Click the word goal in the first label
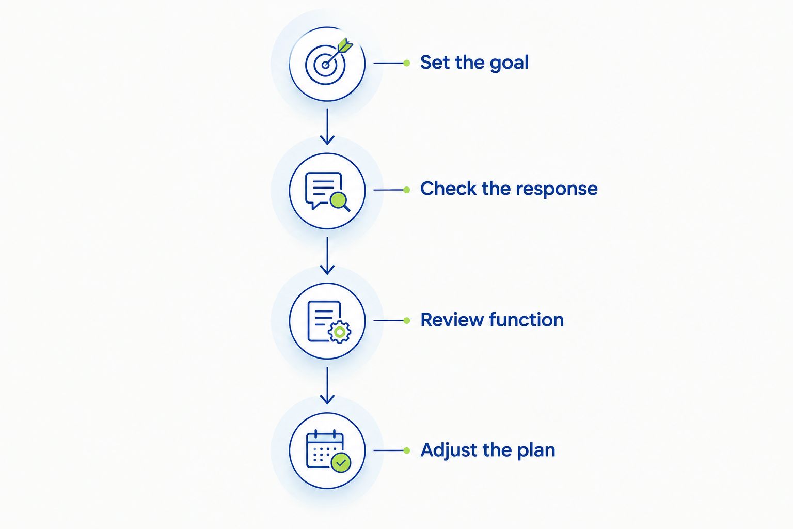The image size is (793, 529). click(509, 64)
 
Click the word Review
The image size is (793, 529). click(452, 320)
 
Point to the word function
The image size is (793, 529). click(527, 319)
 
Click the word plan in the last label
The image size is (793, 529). click(536, 450)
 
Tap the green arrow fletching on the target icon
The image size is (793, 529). click(344, 45)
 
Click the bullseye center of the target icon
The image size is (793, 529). click(325, 65)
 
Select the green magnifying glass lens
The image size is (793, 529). click(339, 200)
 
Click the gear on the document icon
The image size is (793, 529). click(340, 332)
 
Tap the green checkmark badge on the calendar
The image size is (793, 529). click(341, 462)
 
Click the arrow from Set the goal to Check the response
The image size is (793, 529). click(327, 127)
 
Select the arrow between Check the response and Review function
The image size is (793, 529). click(327, 256)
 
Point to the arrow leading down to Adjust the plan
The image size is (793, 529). click(327, 386)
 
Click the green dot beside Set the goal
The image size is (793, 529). click(407, 63)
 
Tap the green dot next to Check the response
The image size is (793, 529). click(407, 190)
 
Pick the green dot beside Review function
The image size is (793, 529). click(407, 321)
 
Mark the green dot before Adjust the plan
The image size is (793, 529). click(407, 450)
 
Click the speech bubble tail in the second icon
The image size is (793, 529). click(314, 205)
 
